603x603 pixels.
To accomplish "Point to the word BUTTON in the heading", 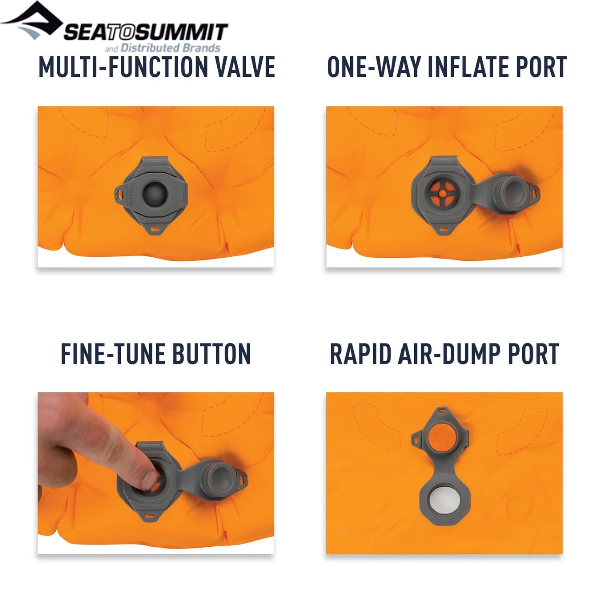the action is [212, 353].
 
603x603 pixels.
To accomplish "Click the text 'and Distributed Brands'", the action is [162, 48].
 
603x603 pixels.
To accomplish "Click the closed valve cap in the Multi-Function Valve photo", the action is [154, 194].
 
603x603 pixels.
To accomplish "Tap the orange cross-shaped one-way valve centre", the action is [442, 194].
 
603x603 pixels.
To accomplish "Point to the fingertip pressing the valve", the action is [149, 479].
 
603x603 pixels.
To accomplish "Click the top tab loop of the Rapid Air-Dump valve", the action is [442, 410].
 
